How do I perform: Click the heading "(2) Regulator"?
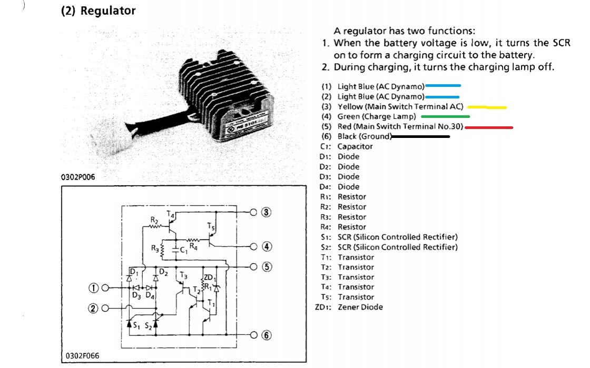coord(99,11)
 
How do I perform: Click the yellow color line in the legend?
coord(487,107)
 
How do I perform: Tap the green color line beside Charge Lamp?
coord(445,116)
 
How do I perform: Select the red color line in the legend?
coord(489,127)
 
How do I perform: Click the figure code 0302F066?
coord(83,356)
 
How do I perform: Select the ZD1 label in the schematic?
coord(209,277)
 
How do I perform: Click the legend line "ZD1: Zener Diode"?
coord(349,307)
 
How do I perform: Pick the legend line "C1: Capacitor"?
coord(346,146)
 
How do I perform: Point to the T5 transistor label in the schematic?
coord(211,227)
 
